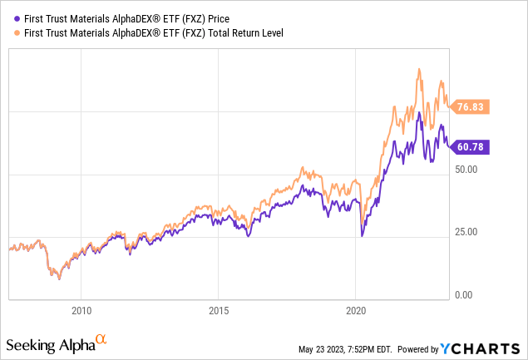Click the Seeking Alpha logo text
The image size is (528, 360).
coord(50,343)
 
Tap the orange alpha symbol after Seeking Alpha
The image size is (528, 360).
coord(101,340)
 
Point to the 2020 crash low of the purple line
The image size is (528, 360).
coord(362,236)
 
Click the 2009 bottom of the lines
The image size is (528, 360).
coord(58,278)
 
